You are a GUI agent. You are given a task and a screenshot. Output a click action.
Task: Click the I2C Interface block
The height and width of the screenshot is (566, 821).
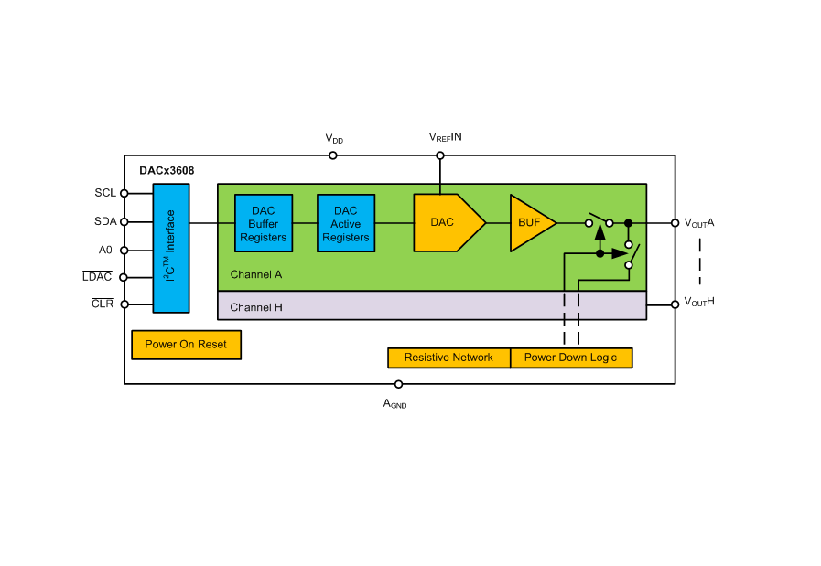pos(171,248)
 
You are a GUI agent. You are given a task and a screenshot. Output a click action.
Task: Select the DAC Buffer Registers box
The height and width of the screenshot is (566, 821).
pos(264,223)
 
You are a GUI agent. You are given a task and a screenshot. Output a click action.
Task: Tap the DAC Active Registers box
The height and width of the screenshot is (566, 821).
pos(346,223)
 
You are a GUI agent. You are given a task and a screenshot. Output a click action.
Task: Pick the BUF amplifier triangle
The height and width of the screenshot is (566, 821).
pos(529,222)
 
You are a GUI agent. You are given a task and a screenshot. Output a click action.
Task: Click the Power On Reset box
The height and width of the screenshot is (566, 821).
pos(187,345)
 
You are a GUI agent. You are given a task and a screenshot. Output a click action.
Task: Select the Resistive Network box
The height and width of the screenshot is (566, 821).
pos(448,358)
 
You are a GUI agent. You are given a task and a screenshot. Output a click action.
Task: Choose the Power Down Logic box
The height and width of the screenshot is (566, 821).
pos(570,358)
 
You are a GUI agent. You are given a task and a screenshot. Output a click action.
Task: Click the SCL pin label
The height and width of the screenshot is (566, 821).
pos(105,193)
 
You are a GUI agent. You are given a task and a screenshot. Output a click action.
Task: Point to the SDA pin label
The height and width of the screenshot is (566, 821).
pos(105,221)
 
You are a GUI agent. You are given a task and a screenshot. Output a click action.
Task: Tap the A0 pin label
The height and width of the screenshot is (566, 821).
pos(105,249)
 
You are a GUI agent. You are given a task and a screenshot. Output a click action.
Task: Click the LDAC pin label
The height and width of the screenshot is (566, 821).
pos(97,276)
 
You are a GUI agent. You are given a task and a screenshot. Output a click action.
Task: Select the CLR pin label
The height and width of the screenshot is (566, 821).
pos(103,304)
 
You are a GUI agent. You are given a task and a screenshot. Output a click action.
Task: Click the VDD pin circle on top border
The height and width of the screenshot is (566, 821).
pos(333,155)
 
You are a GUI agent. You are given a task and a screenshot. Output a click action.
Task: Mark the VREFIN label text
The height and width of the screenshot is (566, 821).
pos(445,137)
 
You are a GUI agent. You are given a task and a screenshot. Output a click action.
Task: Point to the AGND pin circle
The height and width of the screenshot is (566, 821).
pos(398,384)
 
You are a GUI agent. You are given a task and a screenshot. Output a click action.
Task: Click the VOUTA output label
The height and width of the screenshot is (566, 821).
pos(699,222)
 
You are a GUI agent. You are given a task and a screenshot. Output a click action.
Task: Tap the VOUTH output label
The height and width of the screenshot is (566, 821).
pos(699,301)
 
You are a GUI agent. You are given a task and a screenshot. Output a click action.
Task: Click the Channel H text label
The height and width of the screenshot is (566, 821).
pos(256,307)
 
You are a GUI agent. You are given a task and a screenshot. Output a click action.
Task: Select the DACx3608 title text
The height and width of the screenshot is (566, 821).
pos(167,170)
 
